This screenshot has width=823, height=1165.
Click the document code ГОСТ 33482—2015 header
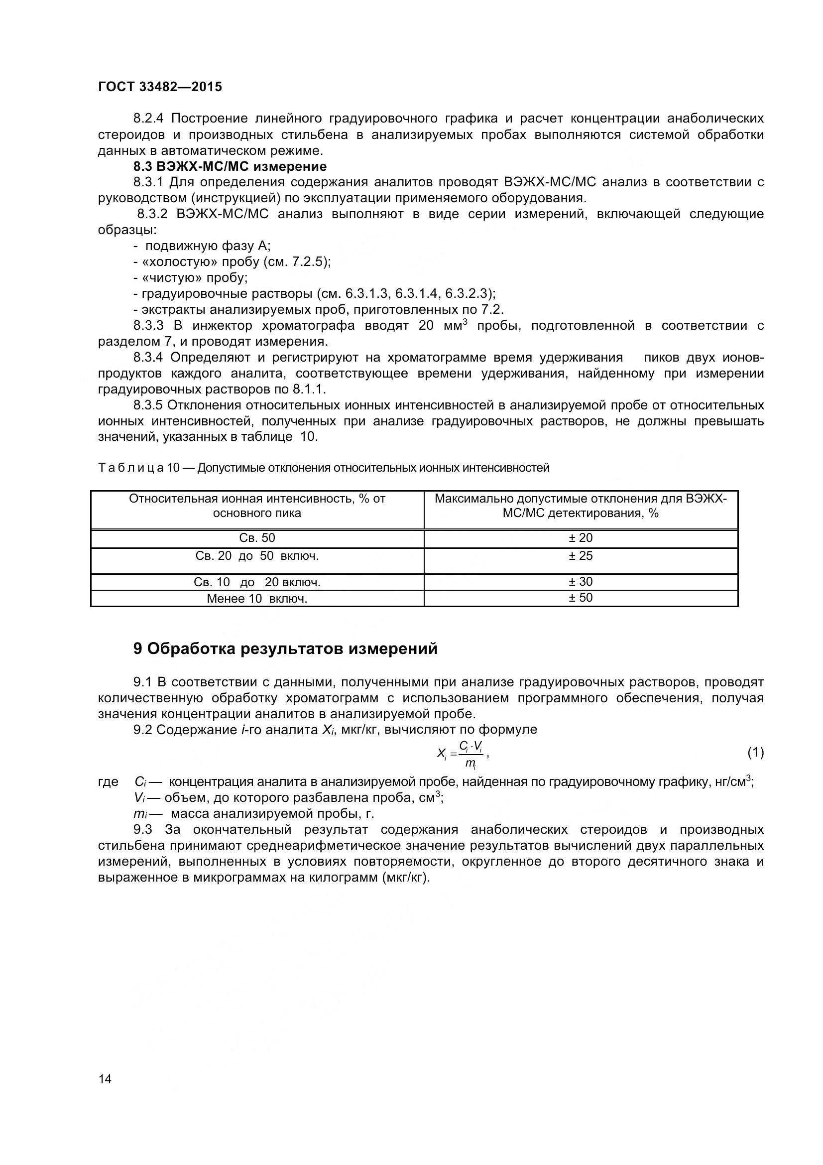160,87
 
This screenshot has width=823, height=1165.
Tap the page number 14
105,1079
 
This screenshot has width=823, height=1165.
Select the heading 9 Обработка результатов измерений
285,648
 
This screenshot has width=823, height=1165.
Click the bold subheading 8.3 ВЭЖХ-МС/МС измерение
230,166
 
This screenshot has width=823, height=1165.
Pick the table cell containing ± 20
580,538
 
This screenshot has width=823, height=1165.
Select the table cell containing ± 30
580,581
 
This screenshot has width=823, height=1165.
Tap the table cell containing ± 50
580,598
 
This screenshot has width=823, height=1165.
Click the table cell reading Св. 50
257,538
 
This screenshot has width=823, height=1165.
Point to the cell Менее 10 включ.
257,599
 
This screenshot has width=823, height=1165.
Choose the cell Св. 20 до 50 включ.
257,556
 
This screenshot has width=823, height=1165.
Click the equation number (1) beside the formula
755,753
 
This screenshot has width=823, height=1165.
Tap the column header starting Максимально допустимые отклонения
580,506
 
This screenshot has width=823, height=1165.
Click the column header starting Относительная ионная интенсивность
257,506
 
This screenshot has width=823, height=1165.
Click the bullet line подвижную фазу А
202,246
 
